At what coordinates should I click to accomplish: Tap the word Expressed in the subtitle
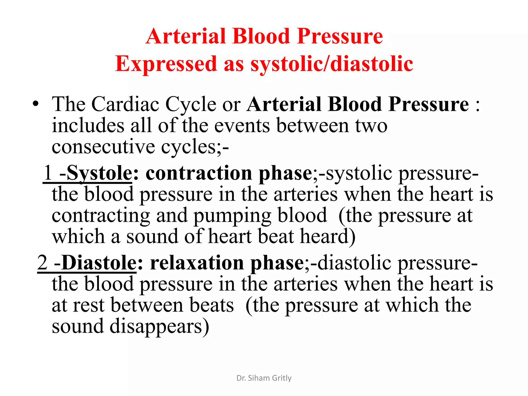[166, 64]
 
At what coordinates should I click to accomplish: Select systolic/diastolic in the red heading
[332, 64]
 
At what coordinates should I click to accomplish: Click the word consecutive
[103, 147]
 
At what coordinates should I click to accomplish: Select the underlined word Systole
[99, 173]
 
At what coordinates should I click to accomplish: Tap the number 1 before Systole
[48, 173]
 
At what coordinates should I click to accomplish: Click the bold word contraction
[199, 173]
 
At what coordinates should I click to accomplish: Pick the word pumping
[232, 216]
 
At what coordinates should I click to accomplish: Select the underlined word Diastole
[99, 263]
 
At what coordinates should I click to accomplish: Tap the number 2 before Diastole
[43, 263]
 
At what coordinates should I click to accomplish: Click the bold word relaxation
[197, 263]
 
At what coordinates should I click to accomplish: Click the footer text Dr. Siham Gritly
[264, 378]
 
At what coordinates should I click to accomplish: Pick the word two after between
[371, 126]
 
